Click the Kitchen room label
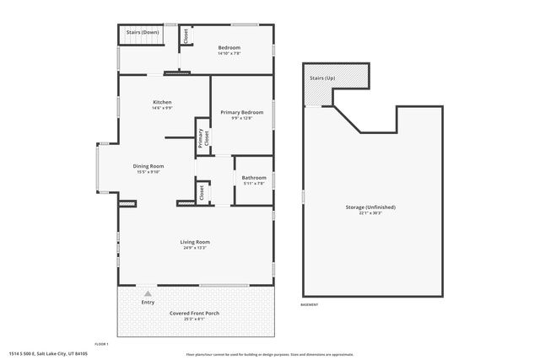pyautogui.click(x=162, y=102)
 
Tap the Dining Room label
pyautogui.click(x=148, y=166)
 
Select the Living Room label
pyautogui.click(x=194, y=242)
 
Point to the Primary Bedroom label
pyautogui.click(x=242, y=112)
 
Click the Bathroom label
pyautogui.click(x=253, y=177)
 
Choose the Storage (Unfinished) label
pyautogui.click(x=370, y=207)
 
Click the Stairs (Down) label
pyautogui.click(x=143, y=32)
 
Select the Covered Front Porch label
pyautogui.click(x=194, y=313)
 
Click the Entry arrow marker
pyautogui.click(x=148, y=293)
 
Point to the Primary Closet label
pyautogui.click(x=202, y=138)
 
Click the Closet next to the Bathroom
pyautogui.click(x=202, y=192)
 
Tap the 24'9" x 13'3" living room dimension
pyautogui.click(x=194, y=248)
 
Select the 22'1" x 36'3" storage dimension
pyautogui.click(x=370, y=212)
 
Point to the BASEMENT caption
pyautogui.click(x=310, y=304)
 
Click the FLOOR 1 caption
pyautogui.click(x=101, y=344)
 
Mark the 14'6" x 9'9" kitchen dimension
pyautogui.click(x=162, y=108)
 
